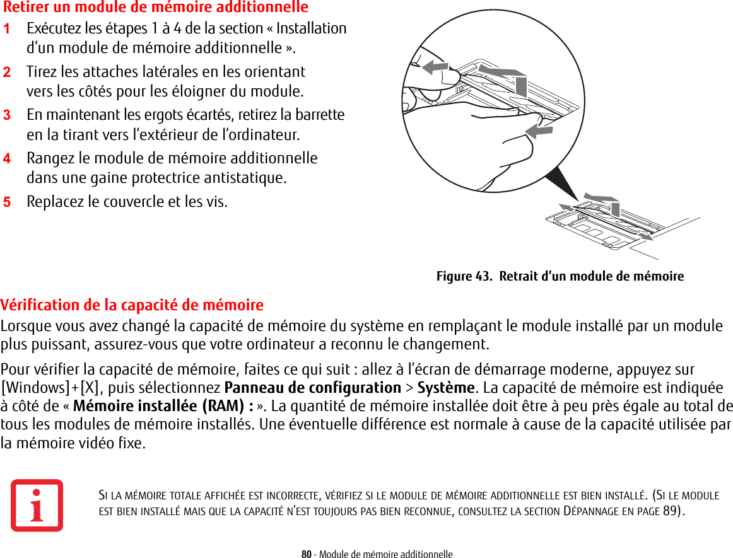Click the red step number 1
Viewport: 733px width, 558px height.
pos(6,29)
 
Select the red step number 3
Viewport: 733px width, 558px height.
pos(6,115)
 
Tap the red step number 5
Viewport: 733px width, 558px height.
pos(6,202)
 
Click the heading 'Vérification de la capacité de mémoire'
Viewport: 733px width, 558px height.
pos(132,305)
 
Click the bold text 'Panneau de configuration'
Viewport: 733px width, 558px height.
pos(312,387)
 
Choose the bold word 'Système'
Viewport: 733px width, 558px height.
pos(445,387)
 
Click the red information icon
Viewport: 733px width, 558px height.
pos(37,505)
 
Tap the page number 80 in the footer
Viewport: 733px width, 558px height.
pos(306,554)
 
